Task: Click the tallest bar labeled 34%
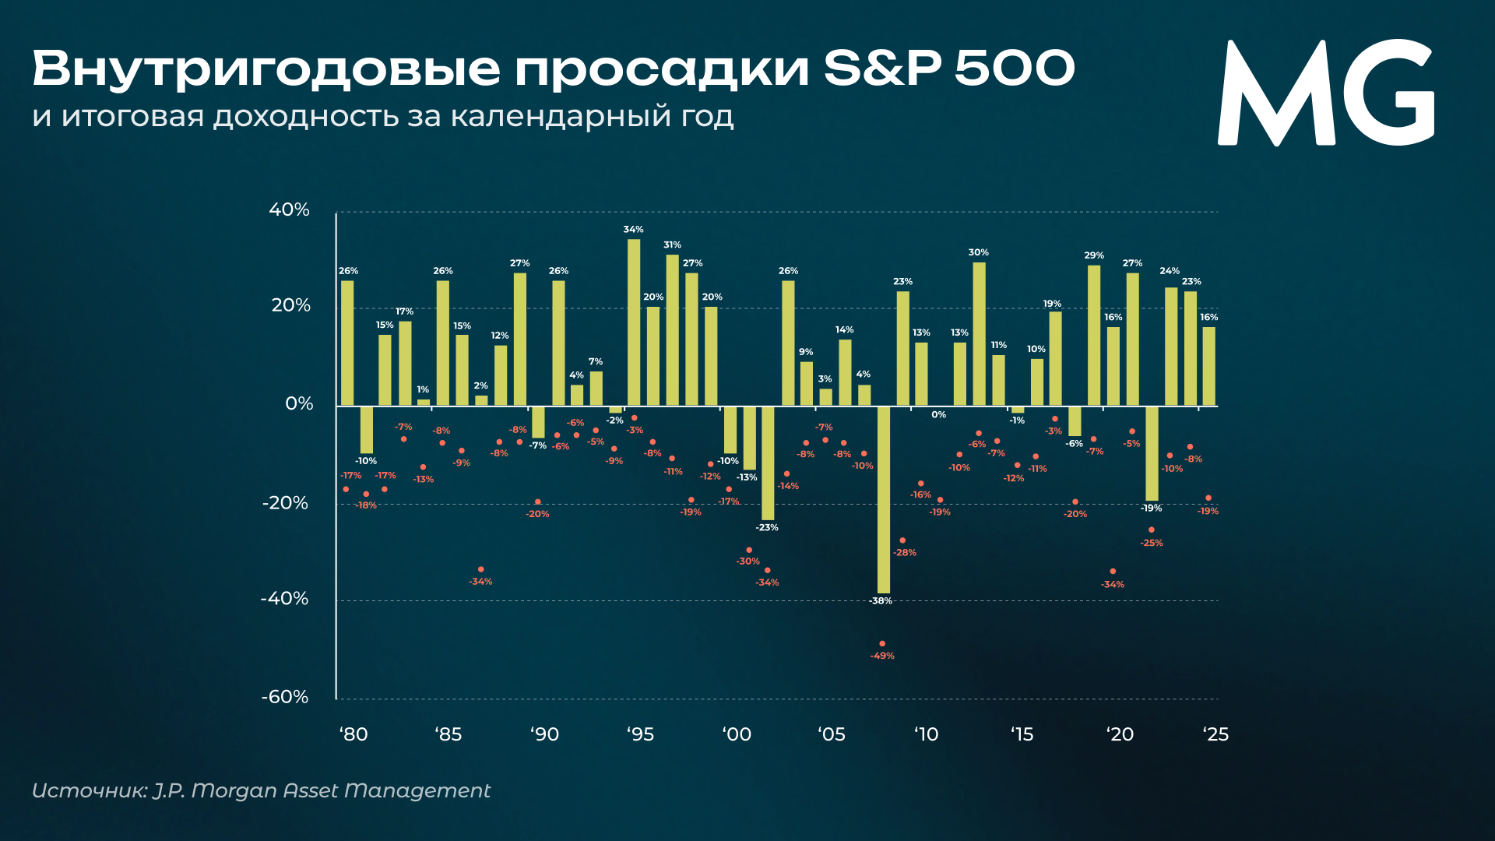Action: coord(634,322)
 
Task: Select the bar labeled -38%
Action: coord(883,499)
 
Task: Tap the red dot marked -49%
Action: coord(882,644)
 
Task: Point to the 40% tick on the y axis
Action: coord(289,209)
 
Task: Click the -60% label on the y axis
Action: coord(285,697)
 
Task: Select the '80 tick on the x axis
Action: coord(354,734)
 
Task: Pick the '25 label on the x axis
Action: coord(1215,734)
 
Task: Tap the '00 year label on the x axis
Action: coord(737,734)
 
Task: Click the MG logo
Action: coord(1325,93)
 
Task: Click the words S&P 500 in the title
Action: coord(949,69)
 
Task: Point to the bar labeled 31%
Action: coord(672,329)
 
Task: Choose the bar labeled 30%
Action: coord(979,333)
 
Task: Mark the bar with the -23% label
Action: coord(768,463)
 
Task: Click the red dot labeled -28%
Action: coord(902,540)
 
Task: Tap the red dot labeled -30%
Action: coord(749,550)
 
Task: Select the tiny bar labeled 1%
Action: coord(424,403)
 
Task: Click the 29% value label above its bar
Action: coord(1094,255)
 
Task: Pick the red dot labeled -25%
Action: coord(1152,530)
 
